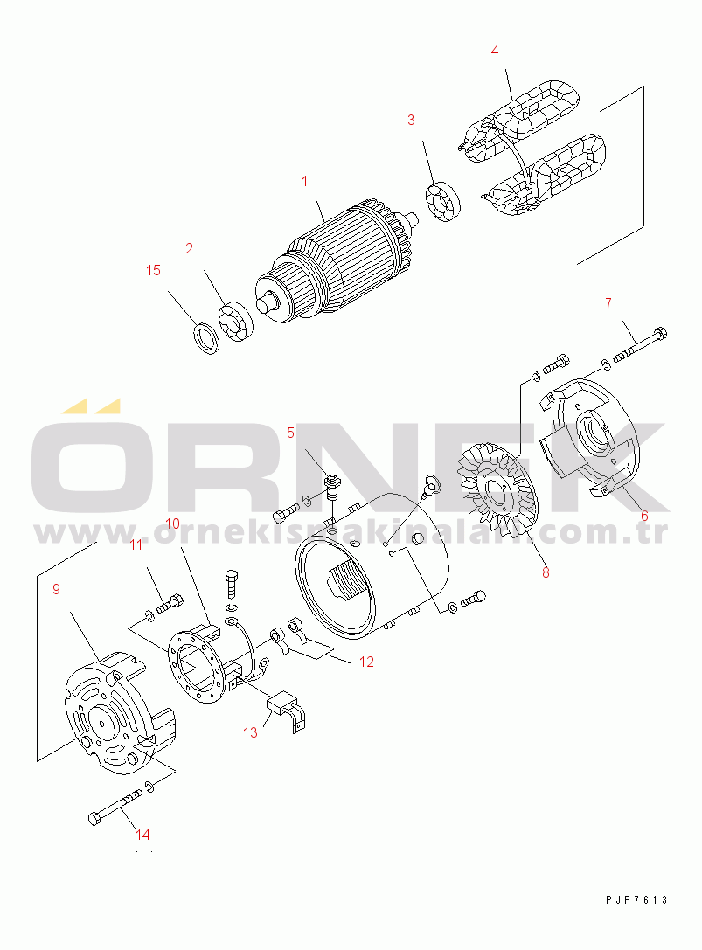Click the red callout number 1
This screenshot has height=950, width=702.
pyautogui.click(x=305, y=181)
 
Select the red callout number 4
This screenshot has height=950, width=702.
pyautogui.click(x=495, y=51)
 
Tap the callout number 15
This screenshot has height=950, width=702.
pyautogui.click(x=153, y=270)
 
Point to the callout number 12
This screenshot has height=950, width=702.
pyautogui.click(x=366, y=662)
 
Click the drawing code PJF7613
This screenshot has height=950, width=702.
pyautogui.click(x=636, y=900)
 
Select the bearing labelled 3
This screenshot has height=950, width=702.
pyautogui.click(x=442, y=201)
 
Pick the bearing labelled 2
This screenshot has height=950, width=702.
pyautogui.click(x=235, y=321)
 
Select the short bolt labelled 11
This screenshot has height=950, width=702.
pyautogui.click(x=170, y=603)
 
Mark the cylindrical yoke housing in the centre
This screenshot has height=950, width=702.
pyautogui.click(x=372, y=565)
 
